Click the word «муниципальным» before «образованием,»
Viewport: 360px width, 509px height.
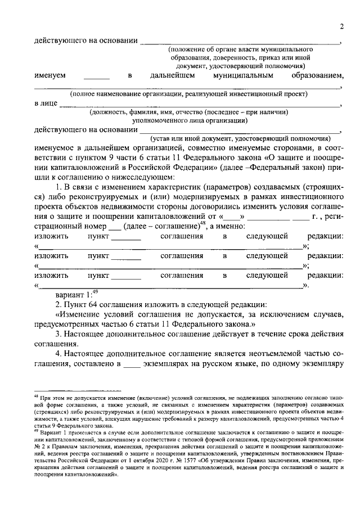click(x=238, y=75)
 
